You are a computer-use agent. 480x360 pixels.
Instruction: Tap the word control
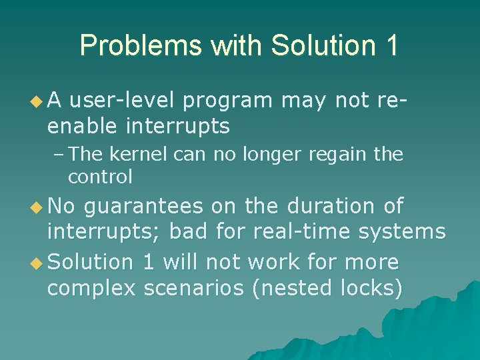[x=100, y=177]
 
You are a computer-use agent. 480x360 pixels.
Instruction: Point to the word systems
[x=402, y=231]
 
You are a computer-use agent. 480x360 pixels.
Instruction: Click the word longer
[x=261, y=155]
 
